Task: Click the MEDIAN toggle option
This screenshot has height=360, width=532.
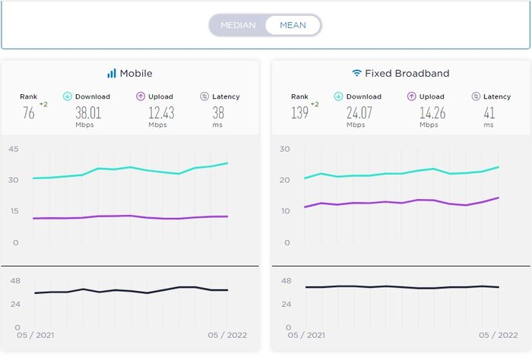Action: pos(238,25)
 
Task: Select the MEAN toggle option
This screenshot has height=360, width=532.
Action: pos(293,25)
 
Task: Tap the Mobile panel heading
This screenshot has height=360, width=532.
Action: pos(136,74)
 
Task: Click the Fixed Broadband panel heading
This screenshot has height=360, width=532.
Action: pos(407,74)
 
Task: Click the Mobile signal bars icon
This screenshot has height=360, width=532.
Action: pos(112,74)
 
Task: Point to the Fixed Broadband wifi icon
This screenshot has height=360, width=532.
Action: pos(356,74)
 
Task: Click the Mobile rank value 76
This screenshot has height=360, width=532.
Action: pos(28,112)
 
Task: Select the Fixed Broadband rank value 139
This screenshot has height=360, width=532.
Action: pos(299,112)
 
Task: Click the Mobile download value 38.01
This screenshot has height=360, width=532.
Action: pos(88,112)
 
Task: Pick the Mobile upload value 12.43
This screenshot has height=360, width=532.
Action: pos(157,112)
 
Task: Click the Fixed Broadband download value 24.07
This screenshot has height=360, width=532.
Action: pos(359,112)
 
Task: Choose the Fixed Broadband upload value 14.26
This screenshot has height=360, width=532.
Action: pos(429,112)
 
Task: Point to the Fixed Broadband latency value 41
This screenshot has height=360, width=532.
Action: pos(489,112)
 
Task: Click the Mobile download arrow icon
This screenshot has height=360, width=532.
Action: pos(68,96)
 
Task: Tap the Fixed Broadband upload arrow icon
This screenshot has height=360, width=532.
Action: pos(412,96)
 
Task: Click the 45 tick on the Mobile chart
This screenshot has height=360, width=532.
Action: pos(14,149)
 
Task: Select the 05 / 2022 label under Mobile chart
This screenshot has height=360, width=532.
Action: pos(228,335)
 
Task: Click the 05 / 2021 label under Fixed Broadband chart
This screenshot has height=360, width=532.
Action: pos(306,335)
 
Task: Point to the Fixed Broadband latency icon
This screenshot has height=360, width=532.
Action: pos(476,96)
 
